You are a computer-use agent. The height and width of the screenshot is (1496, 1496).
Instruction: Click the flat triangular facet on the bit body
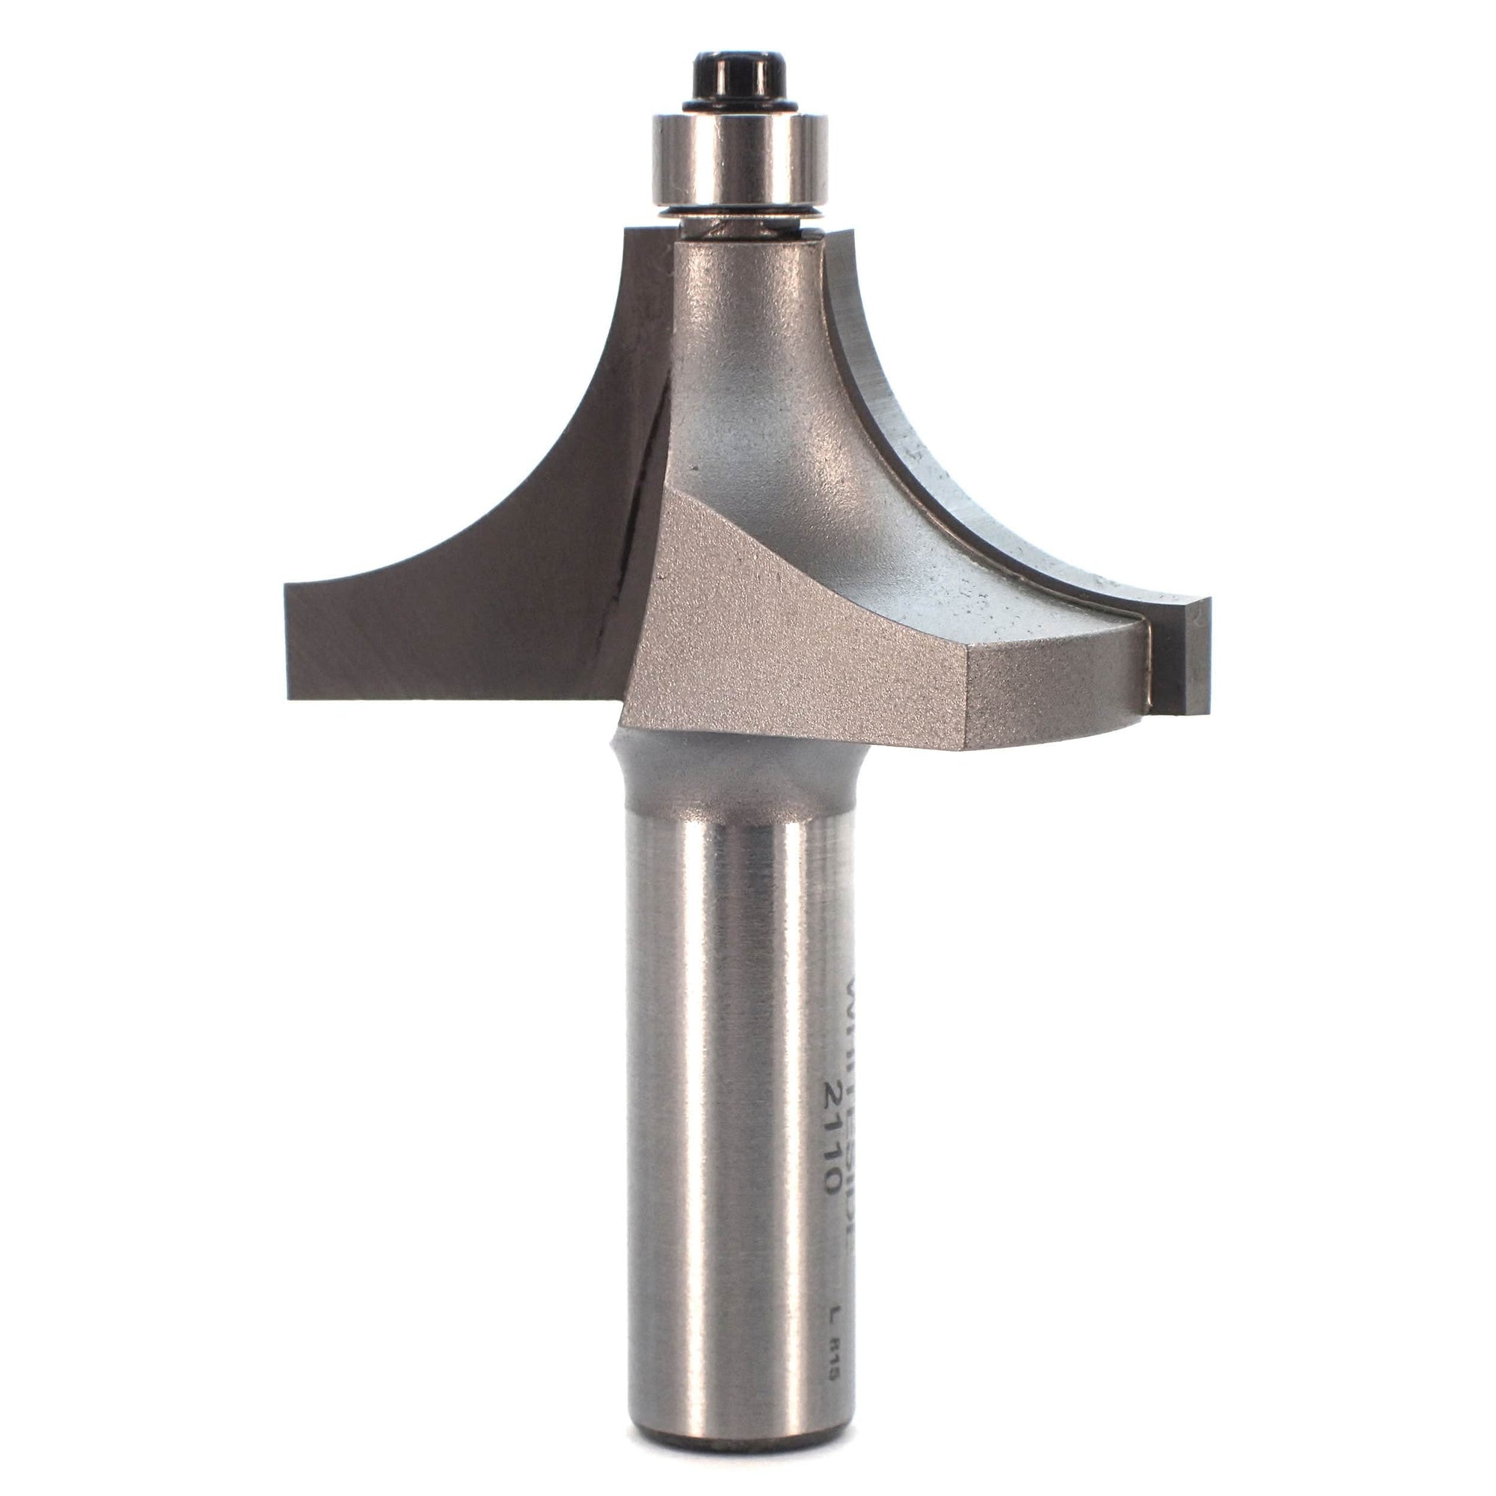coord(720,619)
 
